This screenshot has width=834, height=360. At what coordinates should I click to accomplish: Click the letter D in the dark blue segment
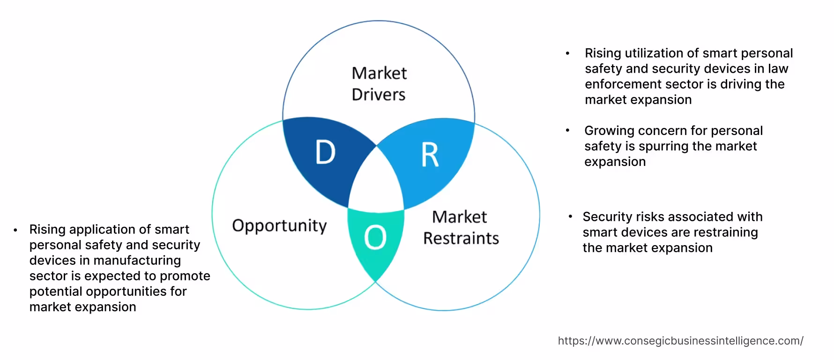[x=326, y=152]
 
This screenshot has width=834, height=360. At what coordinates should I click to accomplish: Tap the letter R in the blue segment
[x=430, y=155]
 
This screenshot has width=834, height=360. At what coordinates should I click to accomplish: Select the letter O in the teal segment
[x=375, y=237]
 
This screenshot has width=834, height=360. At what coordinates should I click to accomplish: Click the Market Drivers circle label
[x=379, y=84]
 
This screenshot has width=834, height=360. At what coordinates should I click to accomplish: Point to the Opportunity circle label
[x=279, y=226]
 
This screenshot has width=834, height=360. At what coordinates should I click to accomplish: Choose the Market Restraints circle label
[x=461, y=227]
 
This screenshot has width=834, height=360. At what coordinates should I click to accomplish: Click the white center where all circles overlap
[x=376, y=183]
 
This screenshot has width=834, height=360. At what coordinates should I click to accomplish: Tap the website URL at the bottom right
[x=680, y=341]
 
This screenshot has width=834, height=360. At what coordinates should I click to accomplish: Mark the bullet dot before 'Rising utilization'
[x=568, y=54]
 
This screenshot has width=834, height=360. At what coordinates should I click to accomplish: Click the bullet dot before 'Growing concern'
[x=568, y=131]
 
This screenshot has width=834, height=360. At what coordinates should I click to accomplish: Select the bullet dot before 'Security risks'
[x=570, y=217]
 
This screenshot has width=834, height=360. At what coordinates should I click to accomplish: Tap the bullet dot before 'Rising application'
[x=15, y=230]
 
